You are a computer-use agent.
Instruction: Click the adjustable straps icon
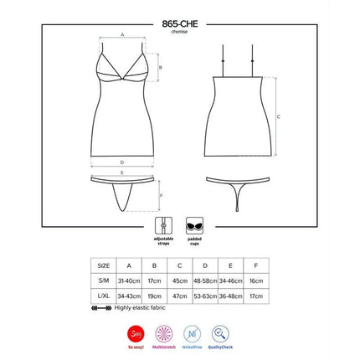tap(165, 225)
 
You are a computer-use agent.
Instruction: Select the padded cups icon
tap(194, 225)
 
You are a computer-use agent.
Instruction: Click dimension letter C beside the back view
tap(278, 115)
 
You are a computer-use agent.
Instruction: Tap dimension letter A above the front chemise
tap(122, 35)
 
